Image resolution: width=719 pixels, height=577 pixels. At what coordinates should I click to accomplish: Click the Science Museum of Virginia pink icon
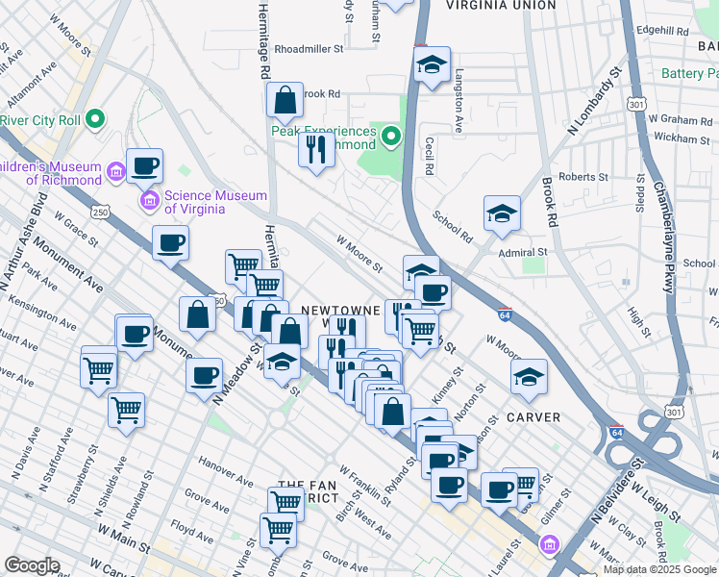[150, 201]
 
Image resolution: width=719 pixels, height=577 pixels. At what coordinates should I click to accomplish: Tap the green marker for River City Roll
[95, 120]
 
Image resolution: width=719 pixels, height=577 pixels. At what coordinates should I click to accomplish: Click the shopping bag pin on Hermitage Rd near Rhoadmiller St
[285, 99]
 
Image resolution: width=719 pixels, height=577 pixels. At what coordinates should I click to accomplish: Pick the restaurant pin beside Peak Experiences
[316, 150]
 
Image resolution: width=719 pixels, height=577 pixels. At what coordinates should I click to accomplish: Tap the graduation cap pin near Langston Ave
[432, 65]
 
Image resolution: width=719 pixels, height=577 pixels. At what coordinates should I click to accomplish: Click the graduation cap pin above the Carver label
[528, 378]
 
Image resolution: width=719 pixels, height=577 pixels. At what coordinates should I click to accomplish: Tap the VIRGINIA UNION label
[501, 6]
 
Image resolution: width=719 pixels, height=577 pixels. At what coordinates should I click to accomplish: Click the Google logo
[32, 565]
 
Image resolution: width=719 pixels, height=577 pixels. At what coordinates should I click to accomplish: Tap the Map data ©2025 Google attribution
[659, 569]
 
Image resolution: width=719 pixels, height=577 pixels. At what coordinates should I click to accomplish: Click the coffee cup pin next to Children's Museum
[144, 165]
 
